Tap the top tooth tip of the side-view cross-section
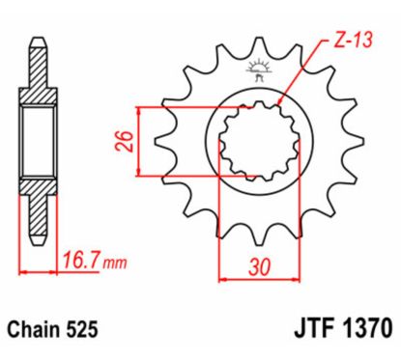point(38,42)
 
